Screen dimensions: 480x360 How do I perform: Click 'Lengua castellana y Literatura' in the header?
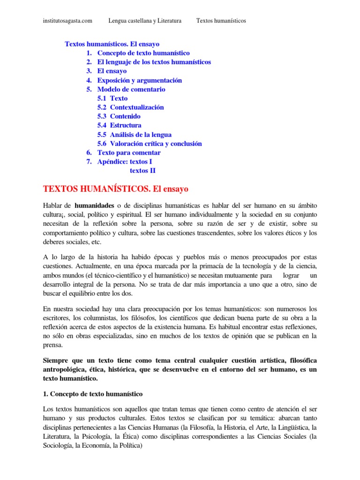145,21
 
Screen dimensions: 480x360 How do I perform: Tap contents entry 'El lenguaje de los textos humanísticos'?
154,62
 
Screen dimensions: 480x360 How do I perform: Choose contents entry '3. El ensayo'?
112,71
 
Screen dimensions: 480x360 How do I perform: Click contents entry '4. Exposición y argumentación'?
139,80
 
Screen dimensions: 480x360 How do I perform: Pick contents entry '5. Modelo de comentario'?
131,89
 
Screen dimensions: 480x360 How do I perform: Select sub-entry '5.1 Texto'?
112,98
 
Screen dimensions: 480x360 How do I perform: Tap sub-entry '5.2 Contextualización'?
131,107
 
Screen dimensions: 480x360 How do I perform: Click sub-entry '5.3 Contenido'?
119,116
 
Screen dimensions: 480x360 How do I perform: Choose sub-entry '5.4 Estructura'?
120,126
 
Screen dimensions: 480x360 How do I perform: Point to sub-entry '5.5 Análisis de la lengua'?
135,135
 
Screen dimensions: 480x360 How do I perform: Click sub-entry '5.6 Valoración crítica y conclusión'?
150,143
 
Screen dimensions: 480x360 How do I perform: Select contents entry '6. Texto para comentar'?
128,153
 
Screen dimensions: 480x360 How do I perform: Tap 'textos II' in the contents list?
142,171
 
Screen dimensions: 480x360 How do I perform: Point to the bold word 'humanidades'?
94,206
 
